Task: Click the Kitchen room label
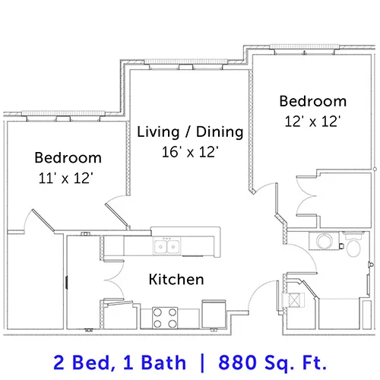176,280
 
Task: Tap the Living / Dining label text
190,132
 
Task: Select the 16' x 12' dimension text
190,152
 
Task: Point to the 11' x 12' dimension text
66,178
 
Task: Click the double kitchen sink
166,246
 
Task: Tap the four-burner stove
165,318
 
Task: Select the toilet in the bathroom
353,244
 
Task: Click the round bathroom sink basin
325,241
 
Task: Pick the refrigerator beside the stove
214,315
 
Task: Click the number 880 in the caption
237,363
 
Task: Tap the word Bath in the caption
163,363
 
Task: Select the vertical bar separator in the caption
202,363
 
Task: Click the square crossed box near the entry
294,300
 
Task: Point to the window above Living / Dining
186,62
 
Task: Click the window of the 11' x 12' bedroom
63,113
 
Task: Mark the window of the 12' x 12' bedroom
305,46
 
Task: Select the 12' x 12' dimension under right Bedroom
312,122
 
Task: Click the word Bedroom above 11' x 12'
68,157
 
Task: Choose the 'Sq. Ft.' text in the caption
296,363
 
